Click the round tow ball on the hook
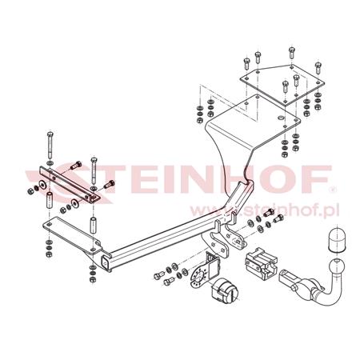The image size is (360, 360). coord(337,267)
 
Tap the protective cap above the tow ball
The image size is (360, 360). coord(337,239)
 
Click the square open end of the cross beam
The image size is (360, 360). coord(106,262)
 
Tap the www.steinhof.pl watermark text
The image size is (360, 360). coord(265,210)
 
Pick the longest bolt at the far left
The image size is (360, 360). coord(50,146)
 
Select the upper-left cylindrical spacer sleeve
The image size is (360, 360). coord(50,199)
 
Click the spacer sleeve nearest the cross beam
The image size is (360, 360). coord(93,226)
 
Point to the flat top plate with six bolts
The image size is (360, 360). coord(282,83)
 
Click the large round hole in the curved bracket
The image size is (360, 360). coord(281,118)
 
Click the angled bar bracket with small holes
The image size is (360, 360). coord(70,184)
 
